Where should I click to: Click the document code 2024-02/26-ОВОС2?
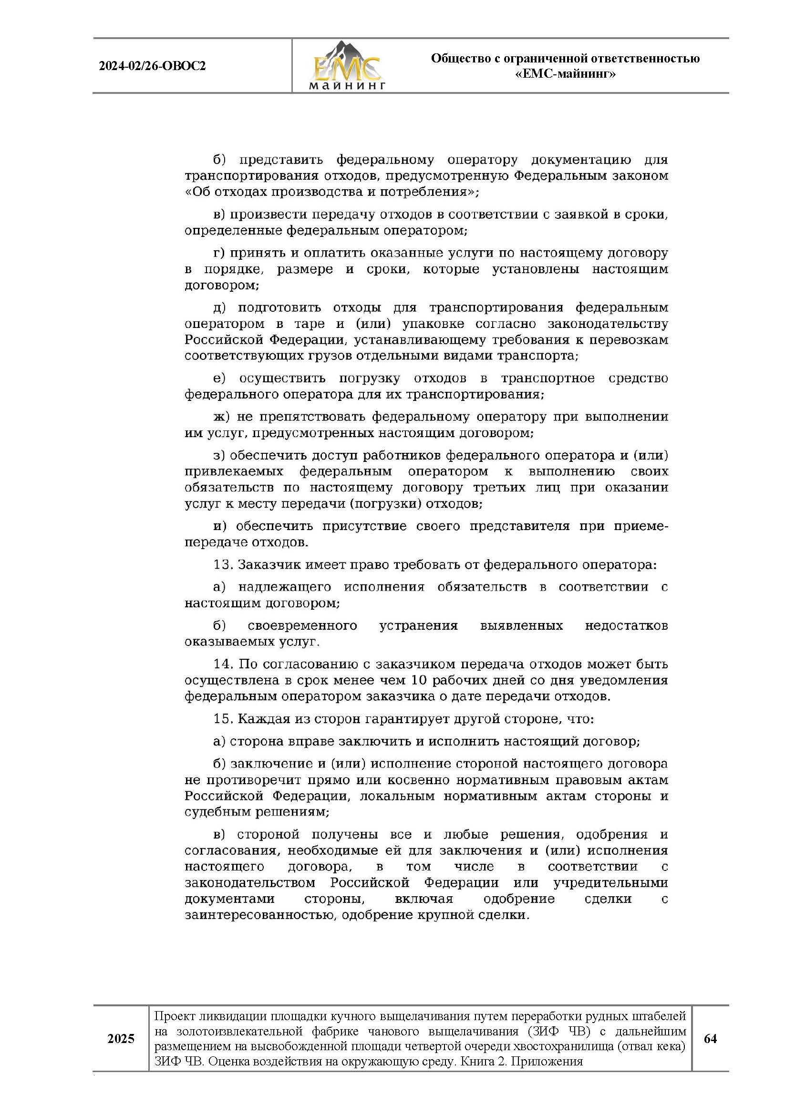tap(152, 66)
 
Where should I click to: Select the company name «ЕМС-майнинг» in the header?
tap(565, 74)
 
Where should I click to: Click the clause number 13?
tap(223, 565)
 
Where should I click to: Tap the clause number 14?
tap(223, 664)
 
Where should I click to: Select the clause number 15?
tap(223, 719)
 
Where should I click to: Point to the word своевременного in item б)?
tap(302, 625)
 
